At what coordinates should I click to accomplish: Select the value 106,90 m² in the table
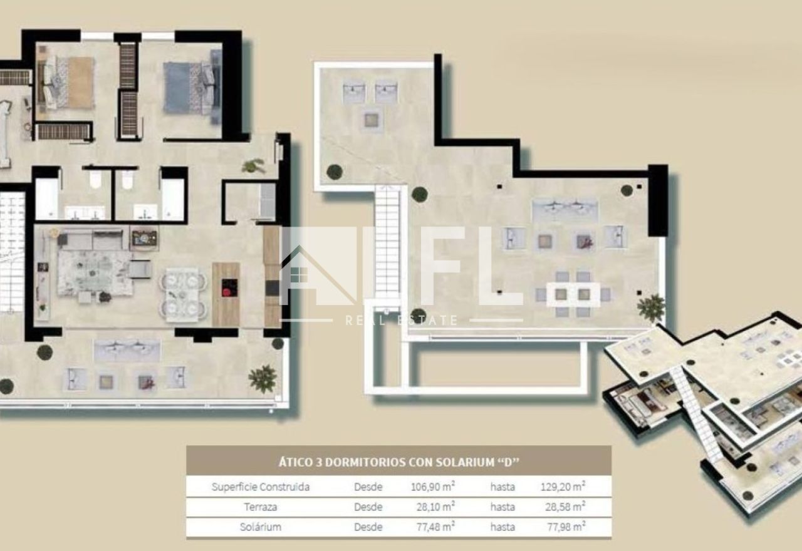pyautogui.click(x=433, y=487)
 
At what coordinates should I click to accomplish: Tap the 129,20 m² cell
pyautogui.click(x=563, y=487)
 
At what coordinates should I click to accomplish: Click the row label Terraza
pyautogui.click(x=260, y=507)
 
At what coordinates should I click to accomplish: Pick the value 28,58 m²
pyautogui.click(x=565, y=507)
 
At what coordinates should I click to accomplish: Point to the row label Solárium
pyautogui.click(x=260, y=527)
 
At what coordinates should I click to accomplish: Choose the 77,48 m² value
pyautogui.click(x=435, y=527)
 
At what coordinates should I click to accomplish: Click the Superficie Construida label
pyautogui.click(x=260, y=487)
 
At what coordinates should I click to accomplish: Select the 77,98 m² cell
pyautogui.click(x=566, y=527)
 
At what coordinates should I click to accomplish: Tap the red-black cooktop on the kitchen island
pyautogui.click(x=229, y=287)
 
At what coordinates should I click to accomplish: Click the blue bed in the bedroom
pyautogui.click(x=192, y=88)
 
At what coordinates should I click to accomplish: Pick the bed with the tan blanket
pyautogui.click(x=66, y=83)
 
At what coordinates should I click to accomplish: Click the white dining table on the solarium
pyautogui.click(x=573, y=294)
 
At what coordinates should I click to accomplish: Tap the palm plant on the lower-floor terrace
pyautogui.click(x=263, y=379)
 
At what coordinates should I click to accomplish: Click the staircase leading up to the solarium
pyautogui.click(x=387, y=244)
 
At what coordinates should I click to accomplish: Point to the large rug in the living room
pyautogui.click(x=94, y=272)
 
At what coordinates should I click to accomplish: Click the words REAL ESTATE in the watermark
pyautogui.click(x=402, y=320)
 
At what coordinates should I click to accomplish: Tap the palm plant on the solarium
pyautogui.click(x=651, y=307)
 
